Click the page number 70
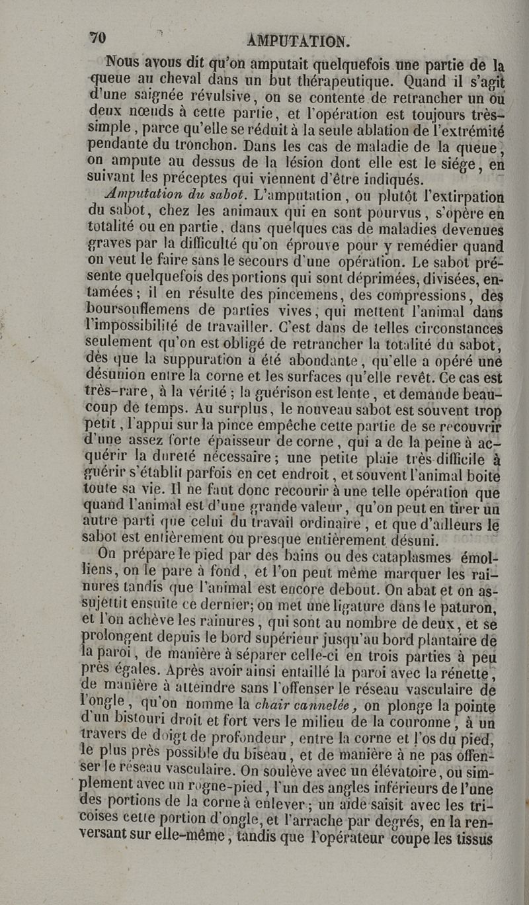coord(99,37)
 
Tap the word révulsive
coord(180,100)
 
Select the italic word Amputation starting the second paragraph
coord(147,197)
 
